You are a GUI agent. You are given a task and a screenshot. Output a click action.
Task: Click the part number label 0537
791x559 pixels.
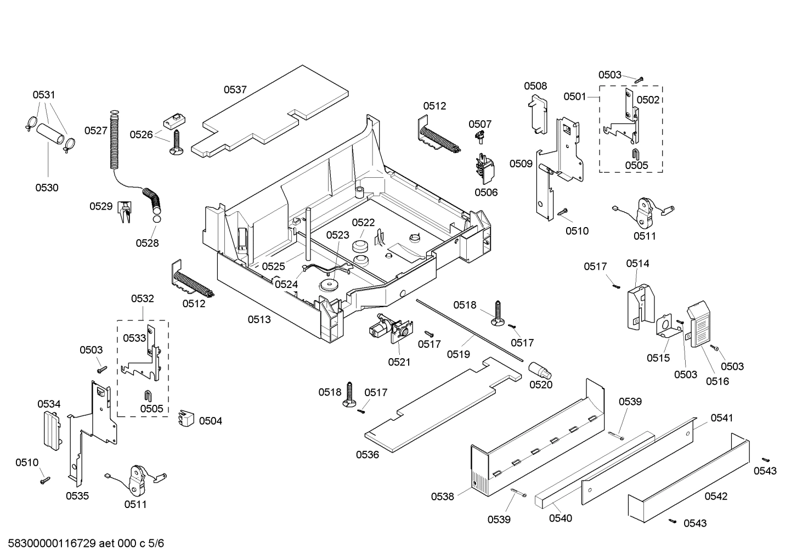point(235,90)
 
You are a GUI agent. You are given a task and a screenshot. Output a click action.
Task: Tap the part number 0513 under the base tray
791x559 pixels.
point(259,319)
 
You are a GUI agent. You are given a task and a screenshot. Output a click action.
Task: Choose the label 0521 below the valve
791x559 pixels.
point(399,362)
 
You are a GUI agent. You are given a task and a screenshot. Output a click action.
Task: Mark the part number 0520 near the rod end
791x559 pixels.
point(541,385)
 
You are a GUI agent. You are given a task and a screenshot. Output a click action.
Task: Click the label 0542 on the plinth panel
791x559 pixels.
point(716,496)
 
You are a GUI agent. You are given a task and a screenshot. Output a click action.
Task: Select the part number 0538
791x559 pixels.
point(442,496)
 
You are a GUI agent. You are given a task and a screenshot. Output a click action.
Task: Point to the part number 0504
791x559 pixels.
point(211,421)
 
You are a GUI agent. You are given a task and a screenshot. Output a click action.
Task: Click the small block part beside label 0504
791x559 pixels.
point(187,418)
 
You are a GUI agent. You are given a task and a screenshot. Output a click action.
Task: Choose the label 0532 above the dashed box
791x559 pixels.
point(142,299)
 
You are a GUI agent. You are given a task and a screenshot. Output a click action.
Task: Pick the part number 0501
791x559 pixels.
point(575,97)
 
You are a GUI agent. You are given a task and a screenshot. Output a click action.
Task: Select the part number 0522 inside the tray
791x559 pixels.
point(363,222)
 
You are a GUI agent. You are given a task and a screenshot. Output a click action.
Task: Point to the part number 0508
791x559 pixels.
point(535,86)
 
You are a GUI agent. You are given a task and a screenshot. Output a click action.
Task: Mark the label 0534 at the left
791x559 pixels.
point(49,404)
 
